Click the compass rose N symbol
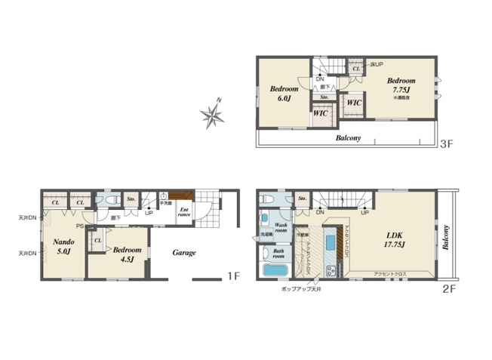coord(212,115)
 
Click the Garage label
coord(184,253)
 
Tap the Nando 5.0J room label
coord(62,246)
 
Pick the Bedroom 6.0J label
coord(284,94)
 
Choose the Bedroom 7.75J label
coord(402,85)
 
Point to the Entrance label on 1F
coord(184,211)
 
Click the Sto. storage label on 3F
coord(324,97)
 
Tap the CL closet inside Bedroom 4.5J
coord(98,240)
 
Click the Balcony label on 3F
coord(347,138)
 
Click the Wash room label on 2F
coord(281,228)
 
